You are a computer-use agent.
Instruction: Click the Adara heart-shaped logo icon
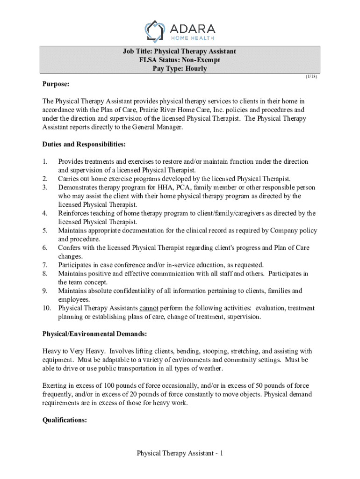(x=156, y=31)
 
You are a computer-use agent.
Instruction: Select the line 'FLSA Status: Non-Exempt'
(x=180, y=60)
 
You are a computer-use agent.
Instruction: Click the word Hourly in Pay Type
(x=195, y=69)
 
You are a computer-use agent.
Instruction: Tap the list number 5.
(x=45, y=231)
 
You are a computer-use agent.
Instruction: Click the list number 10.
(x=47, y=308)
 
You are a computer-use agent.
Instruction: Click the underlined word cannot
(x=149, y=308)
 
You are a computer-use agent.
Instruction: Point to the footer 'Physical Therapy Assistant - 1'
(x=180, y=453)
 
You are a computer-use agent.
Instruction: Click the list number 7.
(x=45, y=265)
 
